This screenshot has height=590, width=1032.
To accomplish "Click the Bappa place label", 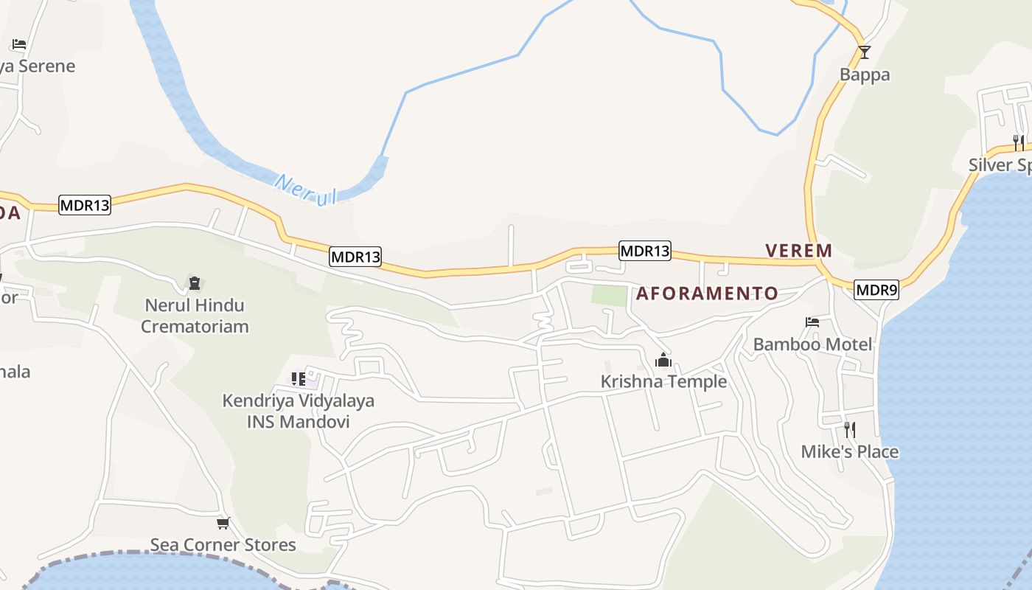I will tap(865, 74).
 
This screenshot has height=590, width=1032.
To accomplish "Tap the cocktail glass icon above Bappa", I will tap(865, 52).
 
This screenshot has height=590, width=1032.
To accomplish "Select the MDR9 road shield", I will tap(876, 290).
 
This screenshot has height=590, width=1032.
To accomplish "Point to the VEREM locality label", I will tap(799, 251).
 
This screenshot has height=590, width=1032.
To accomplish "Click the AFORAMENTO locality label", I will tap(707, 294).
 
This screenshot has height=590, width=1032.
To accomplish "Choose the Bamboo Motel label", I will tap(812, 344).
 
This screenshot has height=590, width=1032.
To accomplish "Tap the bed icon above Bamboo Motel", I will tap(812, 322).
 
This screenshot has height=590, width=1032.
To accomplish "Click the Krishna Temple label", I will tap(663, 381).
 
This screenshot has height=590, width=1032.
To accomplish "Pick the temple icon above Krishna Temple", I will tap(663, 361).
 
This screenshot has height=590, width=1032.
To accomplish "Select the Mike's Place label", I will tap(849, 451).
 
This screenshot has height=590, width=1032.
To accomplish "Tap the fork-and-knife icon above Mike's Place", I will tap(850, 429).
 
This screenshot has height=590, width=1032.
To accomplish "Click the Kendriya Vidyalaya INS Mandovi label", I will tap(299, 411).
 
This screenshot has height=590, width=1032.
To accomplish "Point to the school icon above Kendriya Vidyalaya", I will tap(299, 379).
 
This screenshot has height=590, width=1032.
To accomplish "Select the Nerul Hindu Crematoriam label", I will tap(195, 315).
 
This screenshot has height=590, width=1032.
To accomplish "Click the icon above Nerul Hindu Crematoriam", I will tap(195, 283).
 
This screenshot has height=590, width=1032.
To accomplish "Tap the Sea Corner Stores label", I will tap(223, 545).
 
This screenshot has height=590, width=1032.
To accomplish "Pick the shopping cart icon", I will tap(223, 523).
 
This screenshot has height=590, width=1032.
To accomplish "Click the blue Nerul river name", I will tap(305, 189).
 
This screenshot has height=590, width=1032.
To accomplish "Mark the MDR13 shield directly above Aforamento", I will tap(644, 251).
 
